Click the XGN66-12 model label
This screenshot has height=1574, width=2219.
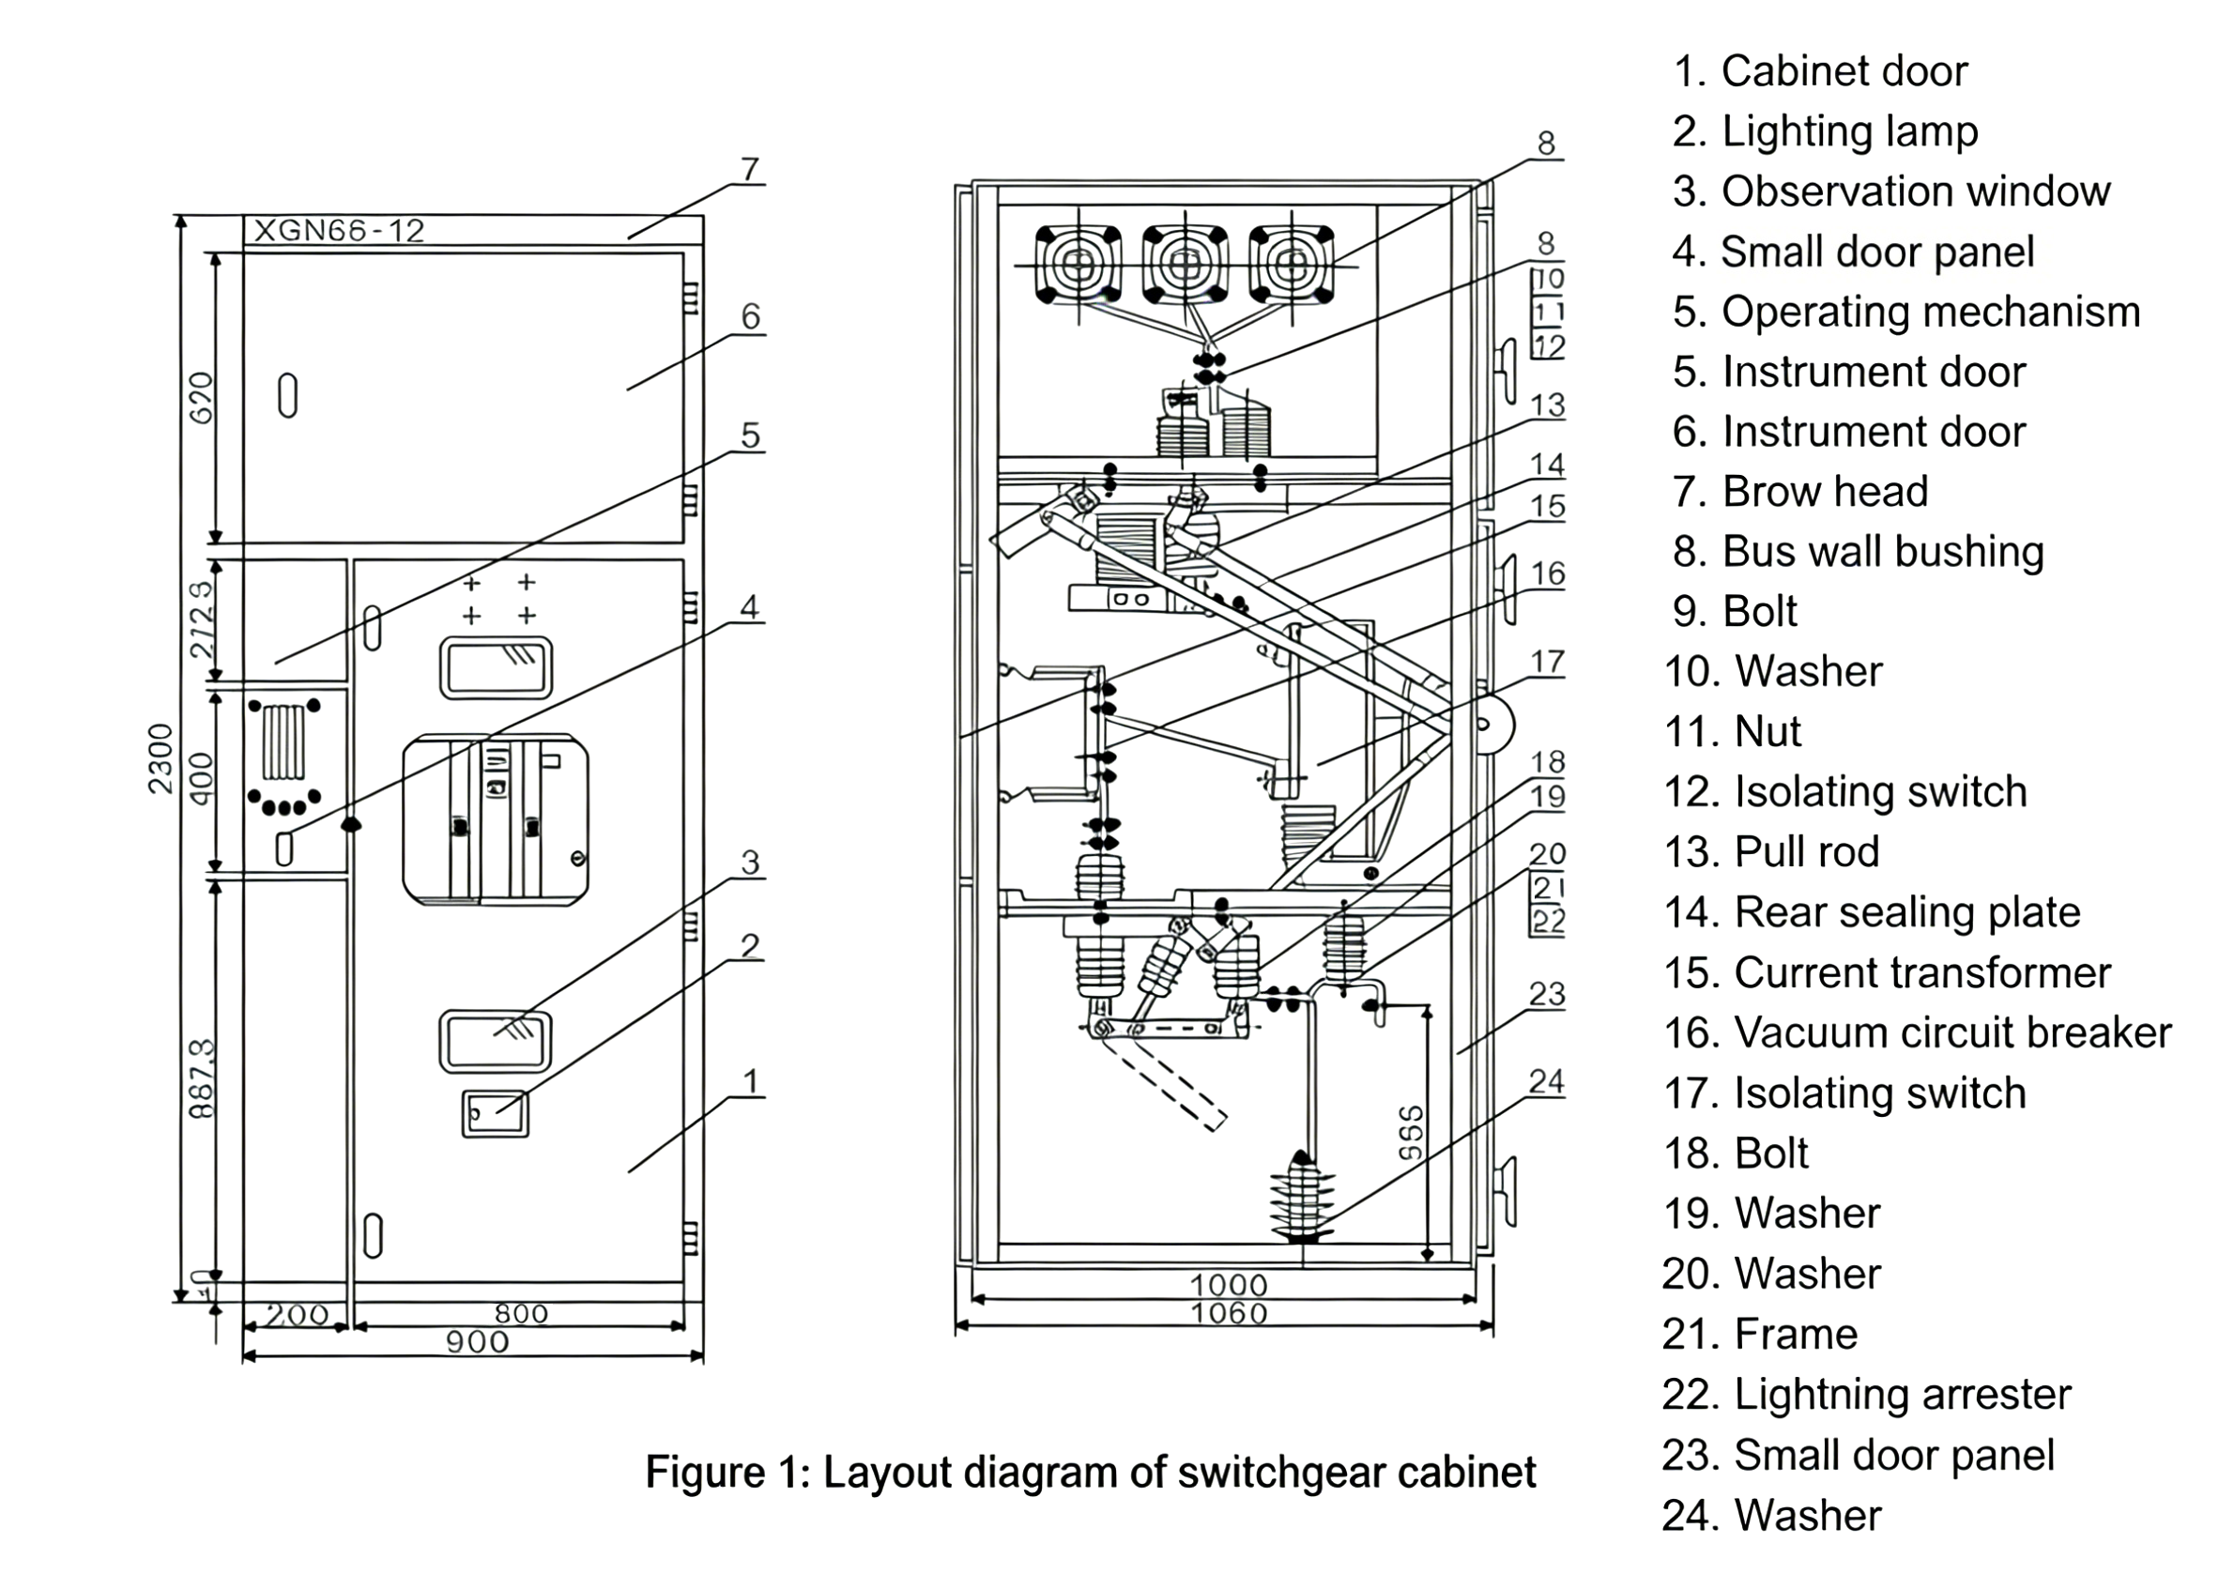pyautogui.click(x=338, y=231)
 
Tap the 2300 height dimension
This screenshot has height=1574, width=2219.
pyautogui.click(x=161, y=759)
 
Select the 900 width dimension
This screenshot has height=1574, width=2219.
pyautogui.click(x=477, y=1342)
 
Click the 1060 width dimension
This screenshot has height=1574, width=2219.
pyautogui.click(x=1229, y=1314)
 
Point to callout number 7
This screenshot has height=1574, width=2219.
pyautogui.click(x=749, y=170)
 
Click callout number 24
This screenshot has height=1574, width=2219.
pyautogui.click(x=1546, y=1081)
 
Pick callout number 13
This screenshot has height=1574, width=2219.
pyautogui.click(x=1547, y=405)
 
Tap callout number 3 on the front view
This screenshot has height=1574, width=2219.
pyautogui.click(x=749, y=863)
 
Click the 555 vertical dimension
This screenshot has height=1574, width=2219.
pyautogui.click(x=1412, y=1132)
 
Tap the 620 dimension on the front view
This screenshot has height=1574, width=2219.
pyautogui.click(x=201, y=397)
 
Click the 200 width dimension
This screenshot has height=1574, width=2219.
pyautogui.click(x=297, y=1315)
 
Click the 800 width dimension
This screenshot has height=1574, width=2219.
pyautogui.click(x=522, y=1314)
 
